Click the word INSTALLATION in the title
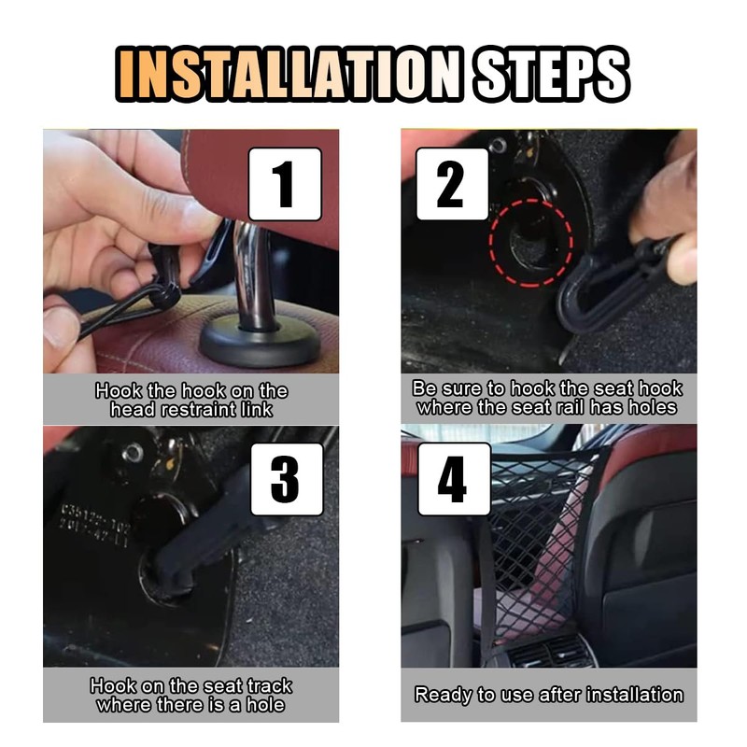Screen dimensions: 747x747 (289, 75)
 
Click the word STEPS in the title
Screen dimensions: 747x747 (552, 75)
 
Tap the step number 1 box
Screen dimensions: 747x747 (286, 184)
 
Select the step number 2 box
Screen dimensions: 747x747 (452, 184)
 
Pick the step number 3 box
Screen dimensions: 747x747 (287, 479)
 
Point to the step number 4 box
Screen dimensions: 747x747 (454, 479)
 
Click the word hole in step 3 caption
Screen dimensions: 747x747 (265, 705)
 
